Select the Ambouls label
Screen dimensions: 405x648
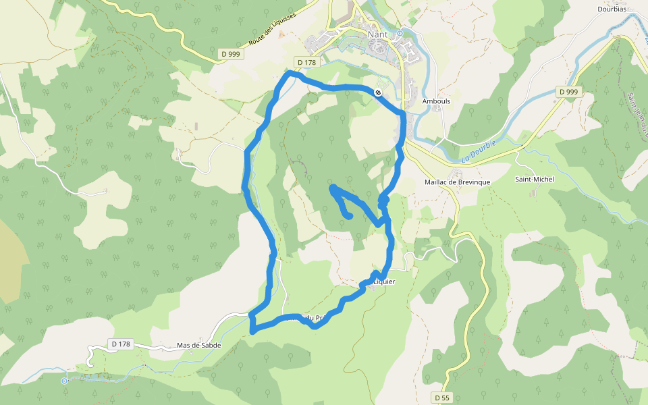point(435,101)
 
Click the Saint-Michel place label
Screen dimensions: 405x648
point(534,179)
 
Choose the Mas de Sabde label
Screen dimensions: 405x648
point(200,345)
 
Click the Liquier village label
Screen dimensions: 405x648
point(383,281)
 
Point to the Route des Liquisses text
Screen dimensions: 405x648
point(272,29)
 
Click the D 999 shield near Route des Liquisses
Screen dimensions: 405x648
point(230,53)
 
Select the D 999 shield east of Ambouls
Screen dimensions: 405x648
point(568,91)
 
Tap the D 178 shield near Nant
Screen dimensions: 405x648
point(306,63)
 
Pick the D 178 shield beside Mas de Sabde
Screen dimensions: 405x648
point(121,344)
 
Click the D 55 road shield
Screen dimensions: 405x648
point(442,398)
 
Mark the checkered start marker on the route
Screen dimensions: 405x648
point(379,92)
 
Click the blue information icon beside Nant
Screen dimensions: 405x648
point(400,32)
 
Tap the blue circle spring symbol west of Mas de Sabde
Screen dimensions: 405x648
point(65,381)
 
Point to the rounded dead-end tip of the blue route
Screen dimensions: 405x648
point(349,215)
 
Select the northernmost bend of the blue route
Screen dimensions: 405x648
point(290,72)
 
